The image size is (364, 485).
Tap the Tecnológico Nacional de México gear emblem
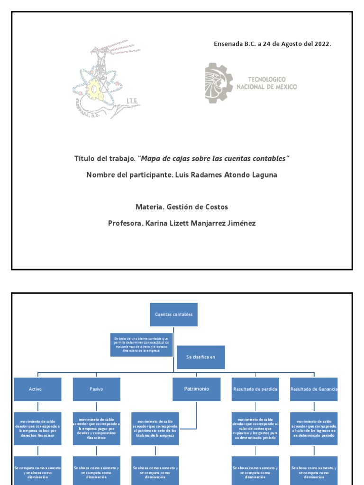point(218,83)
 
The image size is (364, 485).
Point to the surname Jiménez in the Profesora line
point(240,223)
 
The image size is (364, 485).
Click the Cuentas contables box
point(173,314)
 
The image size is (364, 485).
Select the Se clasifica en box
point(200,357)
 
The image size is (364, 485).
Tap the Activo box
point(37,389)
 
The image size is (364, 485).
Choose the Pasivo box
point(96,389)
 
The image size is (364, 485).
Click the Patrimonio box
point(196,389)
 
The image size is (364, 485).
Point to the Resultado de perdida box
point(255,389)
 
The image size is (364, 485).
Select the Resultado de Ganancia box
point(314,389)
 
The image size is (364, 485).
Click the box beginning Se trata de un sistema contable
point(141,345)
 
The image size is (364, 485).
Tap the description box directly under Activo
point(37,428)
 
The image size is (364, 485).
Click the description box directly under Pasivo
point(96,428)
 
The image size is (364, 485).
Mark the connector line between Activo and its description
point(37,407)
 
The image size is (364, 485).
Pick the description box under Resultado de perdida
point(255,428)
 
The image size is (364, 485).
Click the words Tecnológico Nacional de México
point(266,83)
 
